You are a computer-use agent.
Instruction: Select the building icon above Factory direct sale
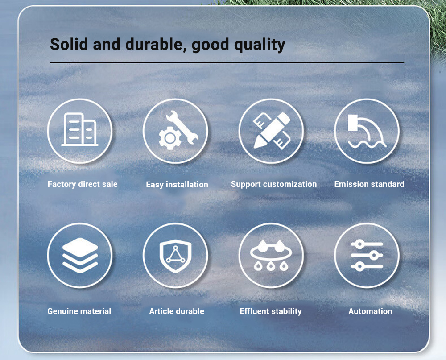click(80, 129)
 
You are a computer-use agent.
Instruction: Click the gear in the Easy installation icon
click(170, 138)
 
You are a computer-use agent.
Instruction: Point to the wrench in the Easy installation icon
click(182, 127)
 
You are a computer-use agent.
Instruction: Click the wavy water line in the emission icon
click(367, 144)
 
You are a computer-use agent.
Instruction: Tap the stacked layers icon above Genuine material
click(80, 255)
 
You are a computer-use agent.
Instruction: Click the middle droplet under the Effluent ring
click(271, 266)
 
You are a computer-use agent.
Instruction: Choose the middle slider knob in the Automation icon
click(374, 255)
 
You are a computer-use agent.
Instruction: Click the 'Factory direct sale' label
click(83, 184)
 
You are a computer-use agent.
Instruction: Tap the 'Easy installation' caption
click(177, 185)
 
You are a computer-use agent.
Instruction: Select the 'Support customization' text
click(274, 184)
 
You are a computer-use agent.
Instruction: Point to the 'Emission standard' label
click(369, 184)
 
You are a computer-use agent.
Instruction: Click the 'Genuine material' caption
click(79, 311)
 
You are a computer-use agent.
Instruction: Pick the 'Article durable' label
click(177, 311)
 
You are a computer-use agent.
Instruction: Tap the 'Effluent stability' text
click(271, 311)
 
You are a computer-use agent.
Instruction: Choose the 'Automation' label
click(370, 311)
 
